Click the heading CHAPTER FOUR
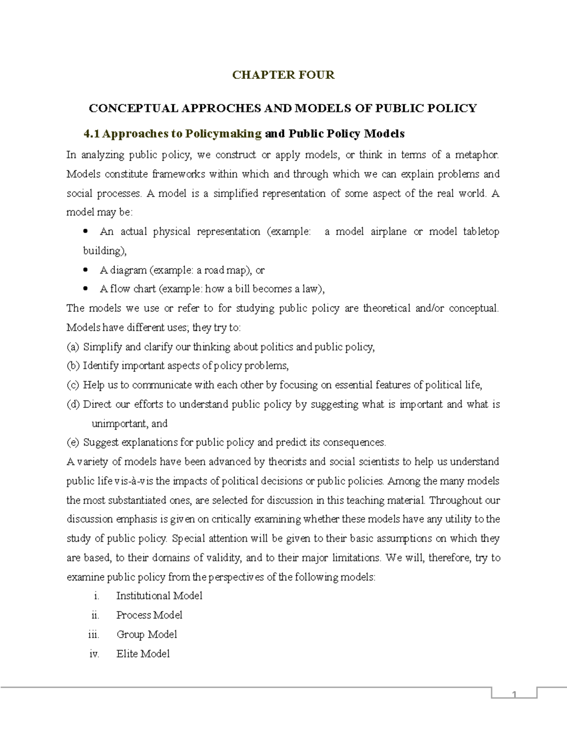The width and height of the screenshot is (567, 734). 283,75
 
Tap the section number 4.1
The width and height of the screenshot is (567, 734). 92,134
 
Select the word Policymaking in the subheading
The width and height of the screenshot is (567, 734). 223,134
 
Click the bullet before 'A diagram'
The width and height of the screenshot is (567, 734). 86,270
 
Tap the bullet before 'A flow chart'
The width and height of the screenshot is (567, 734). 86,289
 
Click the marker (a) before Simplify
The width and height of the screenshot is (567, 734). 73,347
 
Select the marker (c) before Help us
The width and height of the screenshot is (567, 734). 73,385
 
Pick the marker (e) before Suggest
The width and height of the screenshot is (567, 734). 73,442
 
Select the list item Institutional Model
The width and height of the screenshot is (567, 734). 159,596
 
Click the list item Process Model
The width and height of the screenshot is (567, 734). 149,615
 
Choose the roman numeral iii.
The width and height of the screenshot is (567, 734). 94,634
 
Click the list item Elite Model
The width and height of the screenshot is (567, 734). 143,654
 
